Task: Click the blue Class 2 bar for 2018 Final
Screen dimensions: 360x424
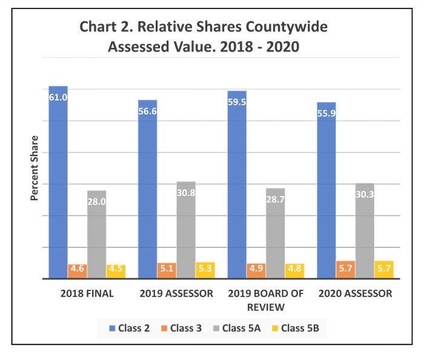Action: [58, 182]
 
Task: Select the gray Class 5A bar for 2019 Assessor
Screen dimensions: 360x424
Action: [186, 230]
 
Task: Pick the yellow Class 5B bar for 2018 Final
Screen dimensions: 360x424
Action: [116, 271]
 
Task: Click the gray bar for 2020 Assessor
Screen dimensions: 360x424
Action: [365, 231]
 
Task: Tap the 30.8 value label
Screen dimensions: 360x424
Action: [186, 192]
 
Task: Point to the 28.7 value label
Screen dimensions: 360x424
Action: [275, 199]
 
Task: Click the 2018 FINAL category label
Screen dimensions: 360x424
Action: [87, 293]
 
